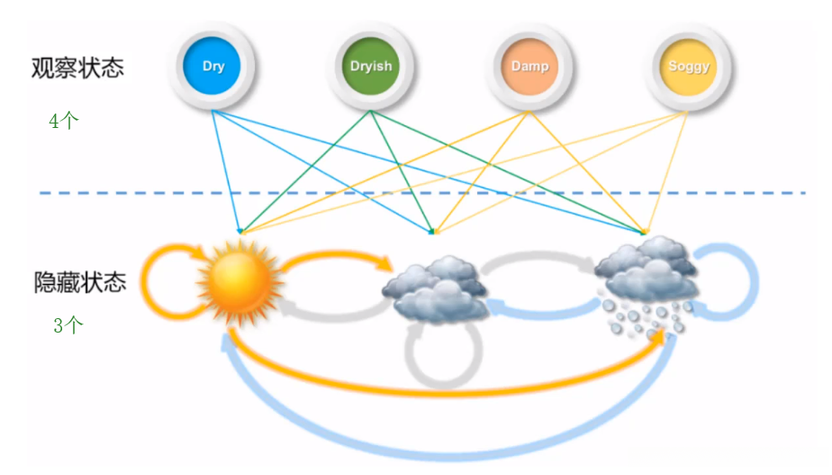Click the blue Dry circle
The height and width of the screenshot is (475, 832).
213,66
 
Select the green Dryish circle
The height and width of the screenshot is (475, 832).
371,66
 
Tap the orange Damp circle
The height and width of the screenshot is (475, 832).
529,66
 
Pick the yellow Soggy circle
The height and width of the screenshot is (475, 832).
689,66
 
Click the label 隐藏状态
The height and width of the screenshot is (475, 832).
79,283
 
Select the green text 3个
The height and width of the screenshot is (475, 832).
68,326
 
